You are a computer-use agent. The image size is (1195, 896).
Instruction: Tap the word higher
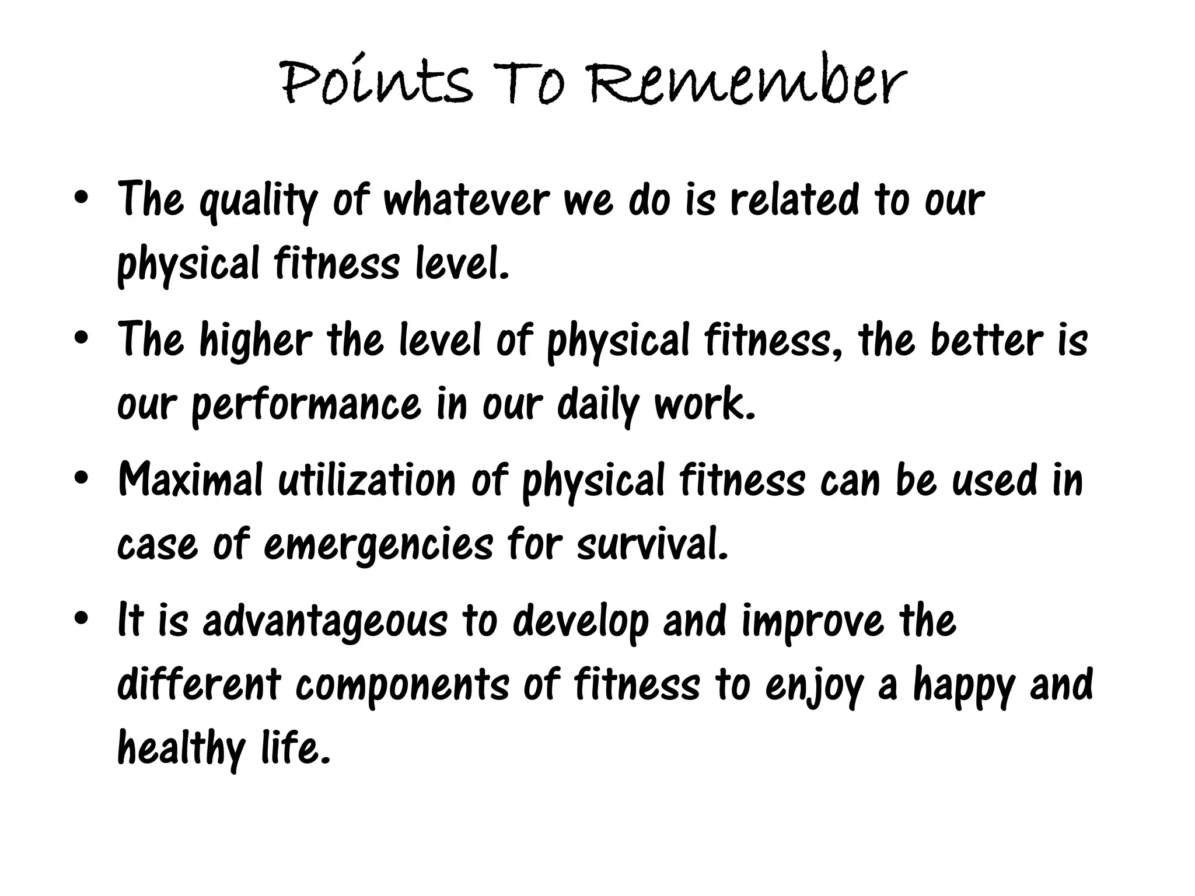pos(256,341)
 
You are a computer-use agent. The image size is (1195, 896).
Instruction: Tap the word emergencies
pos(379,546)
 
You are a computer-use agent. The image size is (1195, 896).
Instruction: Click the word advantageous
pos(325,622)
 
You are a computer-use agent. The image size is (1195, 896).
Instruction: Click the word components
pos(403,686)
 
